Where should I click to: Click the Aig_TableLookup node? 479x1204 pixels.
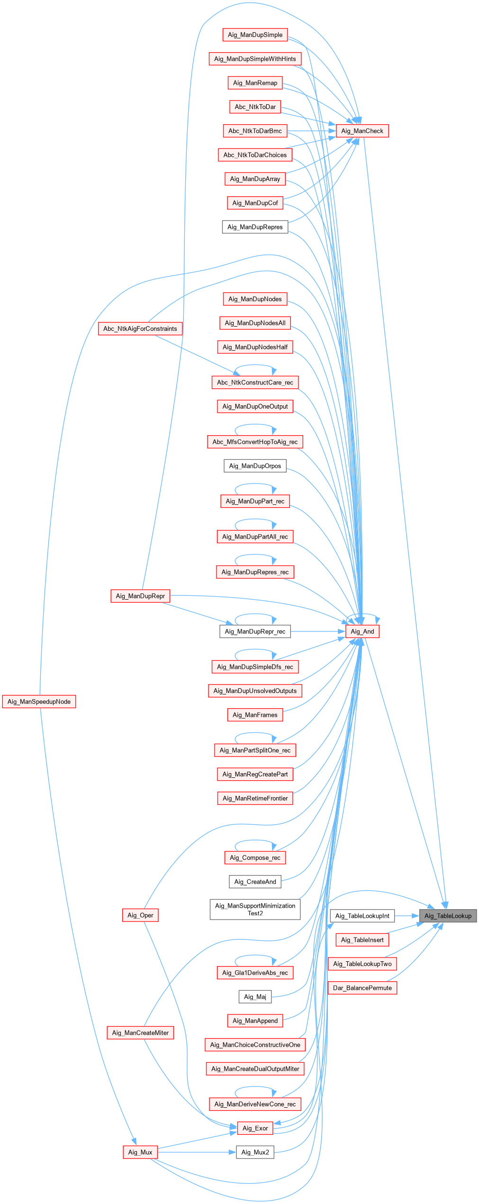(x=448, y=916)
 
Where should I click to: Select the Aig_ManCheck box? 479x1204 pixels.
(x=362, y=131)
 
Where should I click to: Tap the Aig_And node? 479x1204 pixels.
(x=362, y=631)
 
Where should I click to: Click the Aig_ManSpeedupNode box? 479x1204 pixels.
(x=39, y=702)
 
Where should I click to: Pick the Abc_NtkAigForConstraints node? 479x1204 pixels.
(x=140, y=328)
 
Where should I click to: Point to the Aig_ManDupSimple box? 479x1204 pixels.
(x=255, y=35)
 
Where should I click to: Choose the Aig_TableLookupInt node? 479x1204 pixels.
(x=362, y=916)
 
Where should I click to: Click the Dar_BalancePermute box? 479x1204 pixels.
(x=362, y=988)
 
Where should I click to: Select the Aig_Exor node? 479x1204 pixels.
(x=255, y=1128)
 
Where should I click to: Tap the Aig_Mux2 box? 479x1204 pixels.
(x=255, y=1152)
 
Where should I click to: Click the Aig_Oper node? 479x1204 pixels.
(x=140, y=915)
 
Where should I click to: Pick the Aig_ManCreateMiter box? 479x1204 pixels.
(x=140, y=1033)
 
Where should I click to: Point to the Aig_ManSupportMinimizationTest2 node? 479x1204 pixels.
(x=255, y=909)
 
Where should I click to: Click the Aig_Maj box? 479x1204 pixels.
(x=255, y=997)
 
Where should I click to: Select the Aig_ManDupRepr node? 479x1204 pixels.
(x=140, y=596)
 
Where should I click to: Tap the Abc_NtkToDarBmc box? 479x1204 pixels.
(x=255, y=131)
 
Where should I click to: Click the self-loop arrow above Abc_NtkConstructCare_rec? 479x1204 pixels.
(x=255, y=365)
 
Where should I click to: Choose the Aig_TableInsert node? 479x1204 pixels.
(x=362, y=940)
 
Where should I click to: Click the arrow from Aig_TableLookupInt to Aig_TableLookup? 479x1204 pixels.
(x=407, y=916)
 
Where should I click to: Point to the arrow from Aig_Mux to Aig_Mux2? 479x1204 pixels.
(x=197, y=1152)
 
